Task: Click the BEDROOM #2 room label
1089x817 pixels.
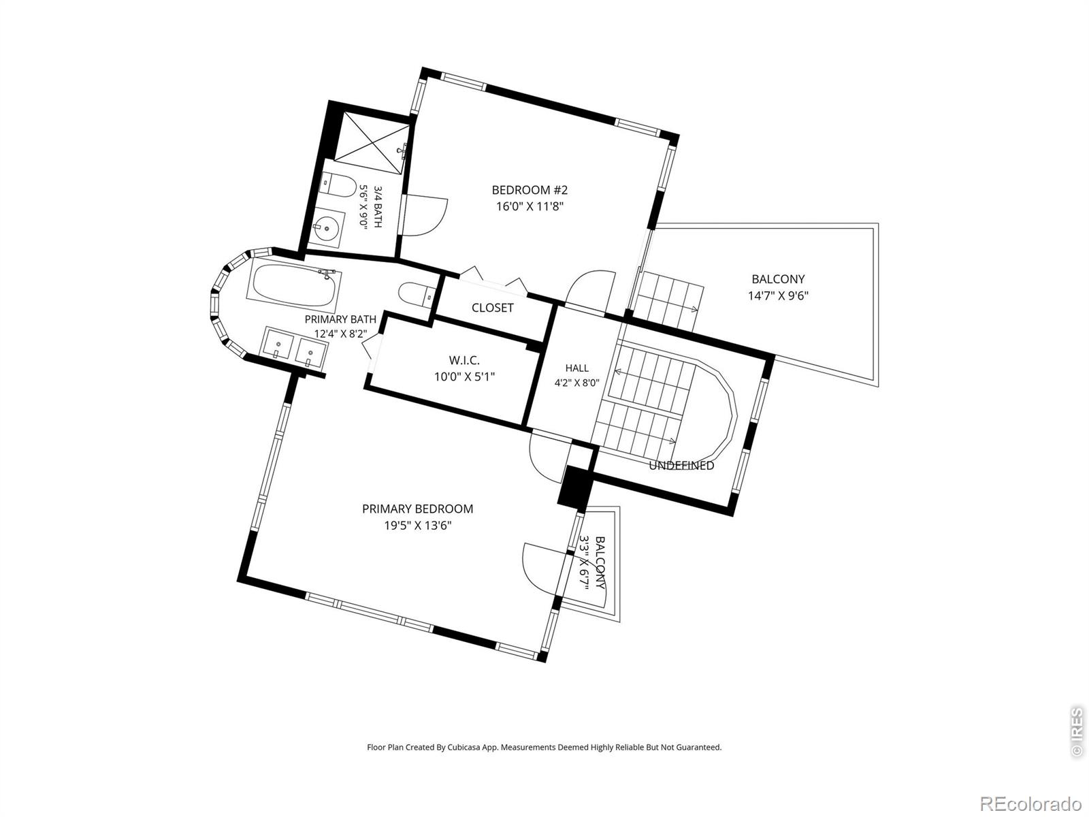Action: pyautogui.click(x=530, y=190)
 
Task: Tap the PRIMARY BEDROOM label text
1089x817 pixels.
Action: pyautogui.click(x=417, y=509)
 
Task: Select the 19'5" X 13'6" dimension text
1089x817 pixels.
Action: pyautogui.click(x=417, y=526)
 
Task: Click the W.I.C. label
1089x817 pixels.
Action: pyautogui.click(x=464, y=360)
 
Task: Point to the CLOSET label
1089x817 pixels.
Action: pyautogui.click(x=492, y=308)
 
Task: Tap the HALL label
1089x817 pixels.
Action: pyautogui.click(x=577, y=368)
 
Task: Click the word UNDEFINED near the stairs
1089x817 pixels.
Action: pyautogui.click(x=681, y=465)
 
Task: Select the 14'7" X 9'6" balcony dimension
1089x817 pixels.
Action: pyautogui.click(x=778, y=295)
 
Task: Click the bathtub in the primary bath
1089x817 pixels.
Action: pyautogui.click(x=294, y=286)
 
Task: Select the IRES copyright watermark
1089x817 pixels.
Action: pyautogui.click(x=1077, y=732)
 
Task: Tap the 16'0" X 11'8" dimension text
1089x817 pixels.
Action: pyautogui.click(x=530, y=206)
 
